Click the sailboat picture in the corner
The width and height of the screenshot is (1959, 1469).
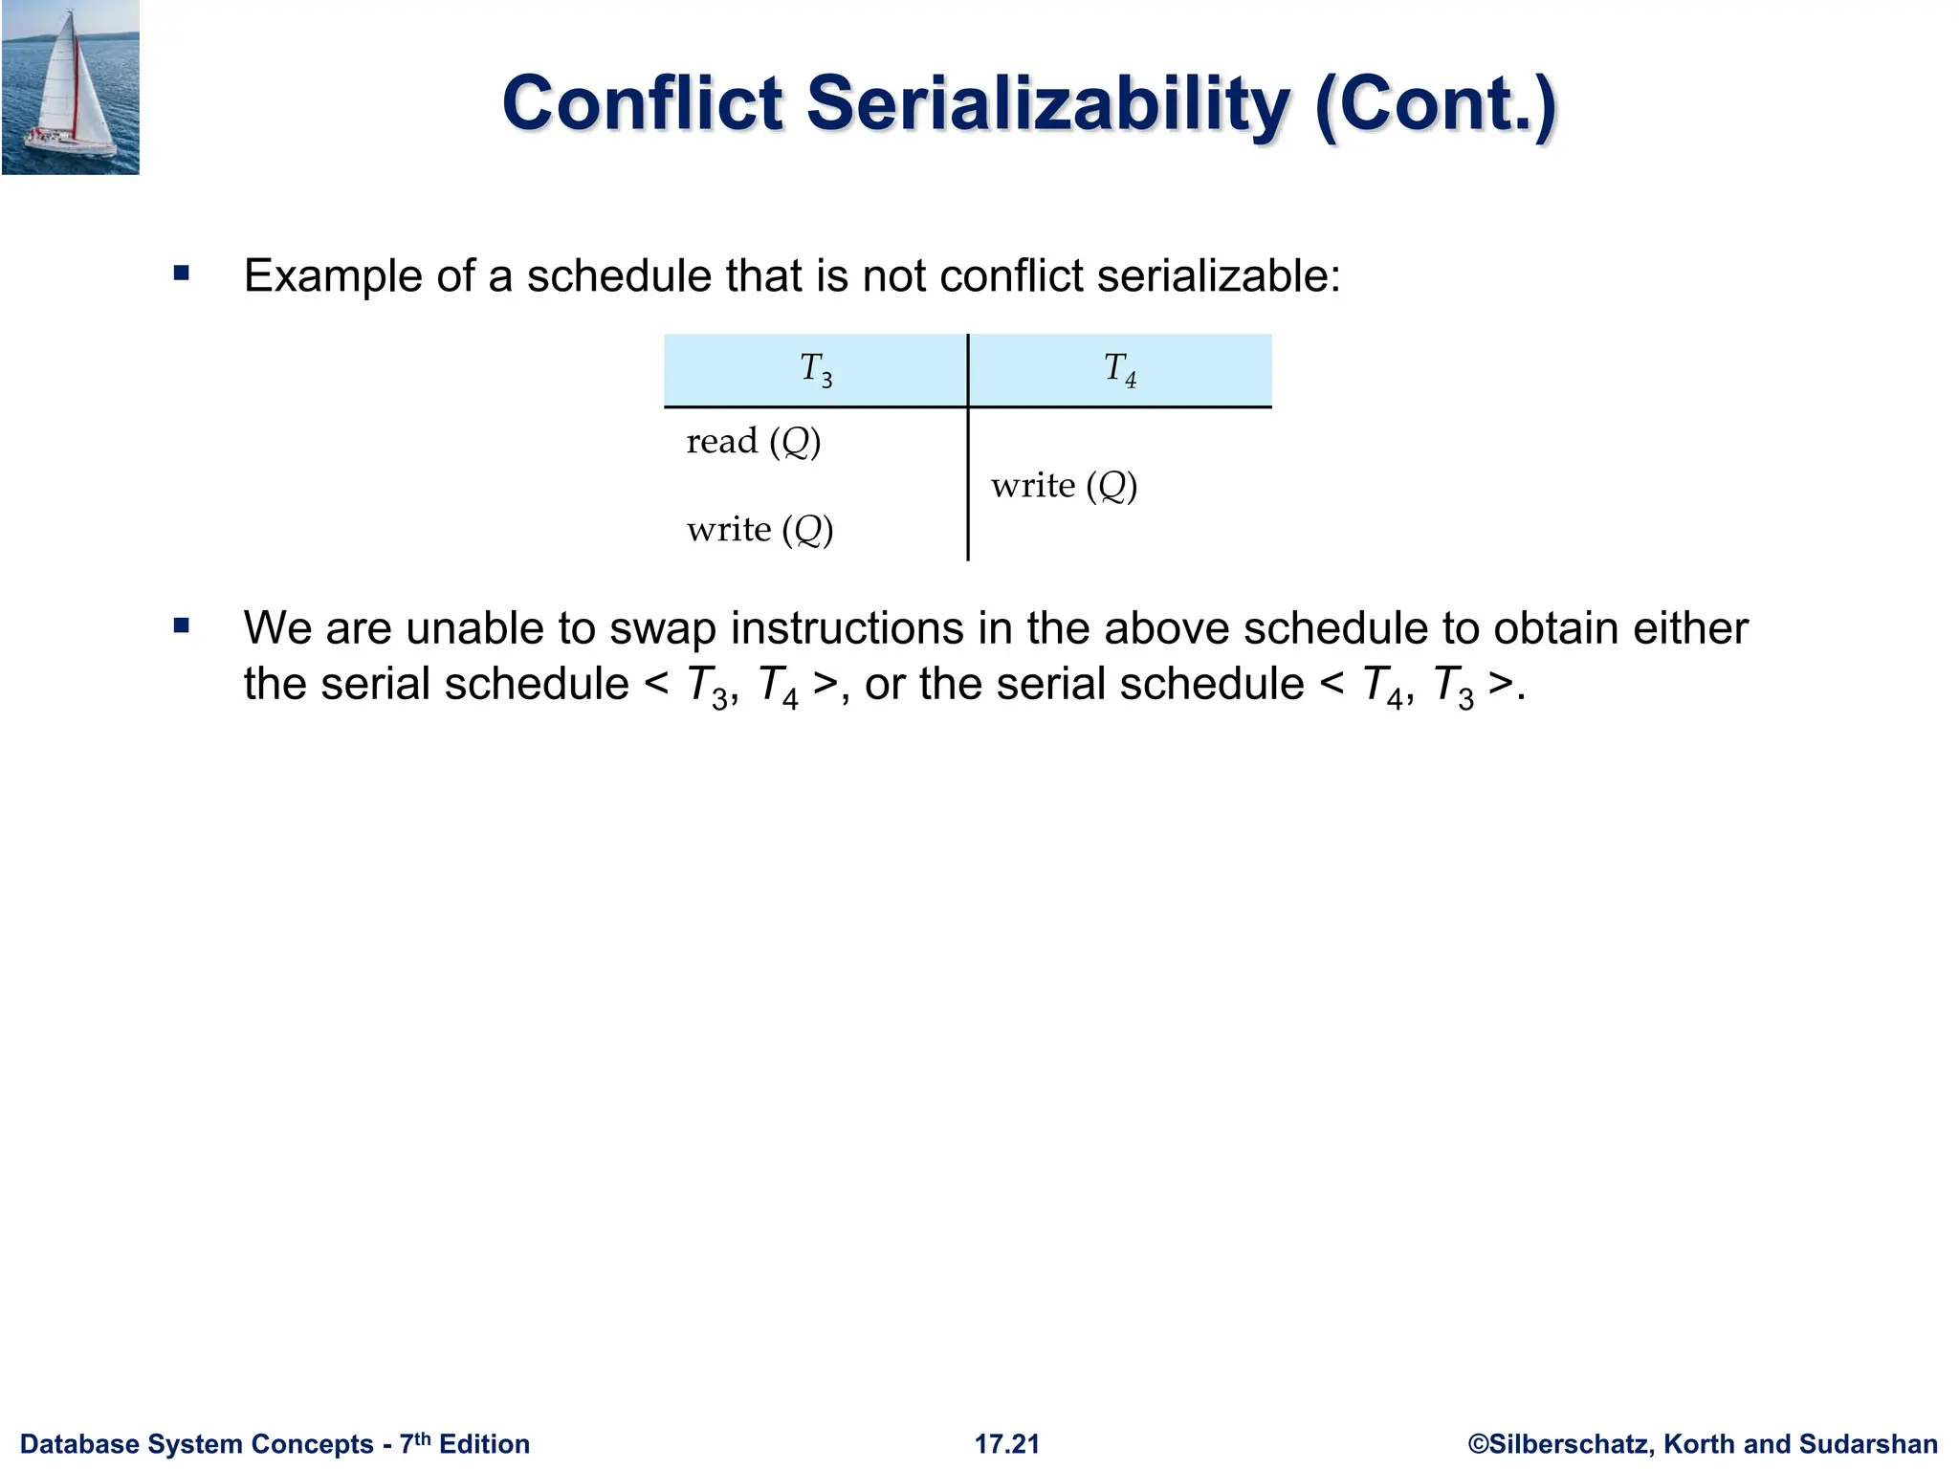[x=71, y=87]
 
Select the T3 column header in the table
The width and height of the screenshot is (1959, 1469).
[x=816, y=369]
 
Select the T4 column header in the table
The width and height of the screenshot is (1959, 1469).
[x=1120, y=369]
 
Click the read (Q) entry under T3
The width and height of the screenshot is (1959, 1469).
[x=754, y=442]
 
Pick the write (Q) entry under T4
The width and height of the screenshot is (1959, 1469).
[x=1064, y=486]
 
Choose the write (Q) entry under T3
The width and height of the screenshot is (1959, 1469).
[x=759, y=530]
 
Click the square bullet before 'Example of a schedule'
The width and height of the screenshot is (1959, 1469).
[x=182, y=274]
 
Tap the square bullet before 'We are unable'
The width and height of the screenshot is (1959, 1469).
[x=182, y=627]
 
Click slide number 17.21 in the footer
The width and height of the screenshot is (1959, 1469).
[x=1007, y=1444]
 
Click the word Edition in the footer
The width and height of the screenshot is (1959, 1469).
[x=484, y=1444]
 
